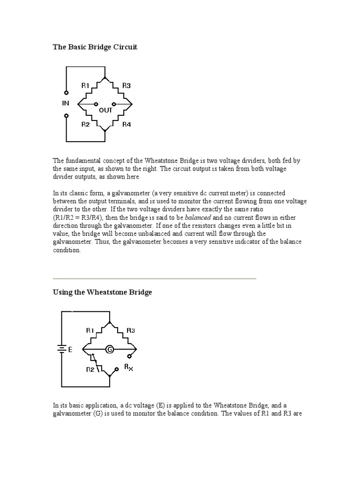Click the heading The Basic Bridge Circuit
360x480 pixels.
pyautogui.click(x=95, y=47)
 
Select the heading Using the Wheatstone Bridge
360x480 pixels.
pyautogui.click(x=102, y=292)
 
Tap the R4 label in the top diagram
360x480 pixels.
pyautogui.click(x=127, y=125)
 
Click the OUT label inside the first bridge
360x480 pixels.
pyautogui.click(x=105, y=110)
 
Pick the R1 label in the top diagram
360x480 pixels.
pyautogui.click(x=85, y=85)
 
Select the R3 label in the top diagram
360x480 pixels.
pyautogui.click(x=127, y=85)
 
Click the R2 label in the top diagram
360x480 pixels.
pyautogui.click(x=85, y=125)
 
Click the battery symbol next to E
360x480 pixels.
pyautogui.click(x=61, y=349)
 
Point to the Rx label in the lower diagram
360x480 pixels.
pyautogui.click(x=128, y=368)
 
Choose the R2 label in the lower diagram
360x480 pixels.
pyautogui.click(x=90, y=369)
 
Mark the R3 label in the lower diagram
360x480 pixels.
pyautogui.click(x=131, y=330)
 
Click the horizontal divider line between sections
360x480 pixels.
pyautogui.click(x=154, y=278)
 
